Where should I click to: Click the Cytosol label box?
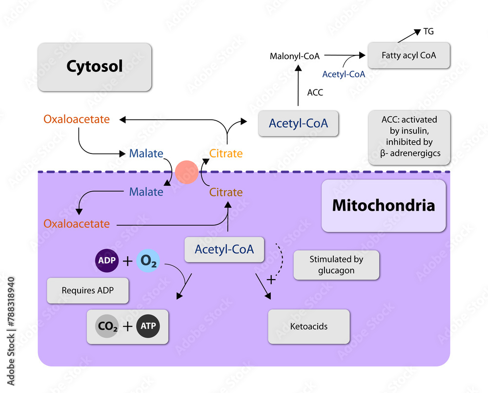coord(95,66)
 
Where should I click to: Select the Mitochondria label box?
coord(383,205)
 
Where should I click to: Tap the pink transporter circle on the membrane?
coord(186,172)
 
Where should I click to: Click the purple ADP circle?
coord(106,261)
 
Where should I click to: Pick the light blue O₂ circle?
coord(148,261)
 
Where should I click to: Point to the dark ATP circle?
coord(148,326)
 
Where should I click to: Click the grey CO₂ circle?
coord(107,326)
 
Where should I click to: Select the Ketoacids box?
coord(309,326)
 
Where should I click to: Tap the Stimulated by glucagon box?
coord(336,265)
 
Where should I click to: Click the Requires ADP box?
coord(88,290)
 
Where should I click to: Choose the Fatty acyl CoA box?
coord(409,55)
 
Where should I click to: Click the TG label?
coord(428,32)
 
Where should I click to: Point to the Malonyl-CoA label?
coord(295,56)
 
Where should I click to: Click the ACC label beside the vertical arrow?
coord(315,92)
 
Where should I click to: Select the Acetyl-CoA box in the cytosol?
coord(298,124)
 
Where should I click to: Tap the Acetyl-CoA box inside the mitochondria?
coord(224,249)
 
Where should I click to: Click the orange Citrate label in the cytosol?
coord(226,153)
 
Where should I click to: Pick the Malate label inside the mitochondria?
coord(146,192)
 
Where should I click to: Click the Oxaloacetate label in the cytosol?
coord(77,119)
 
